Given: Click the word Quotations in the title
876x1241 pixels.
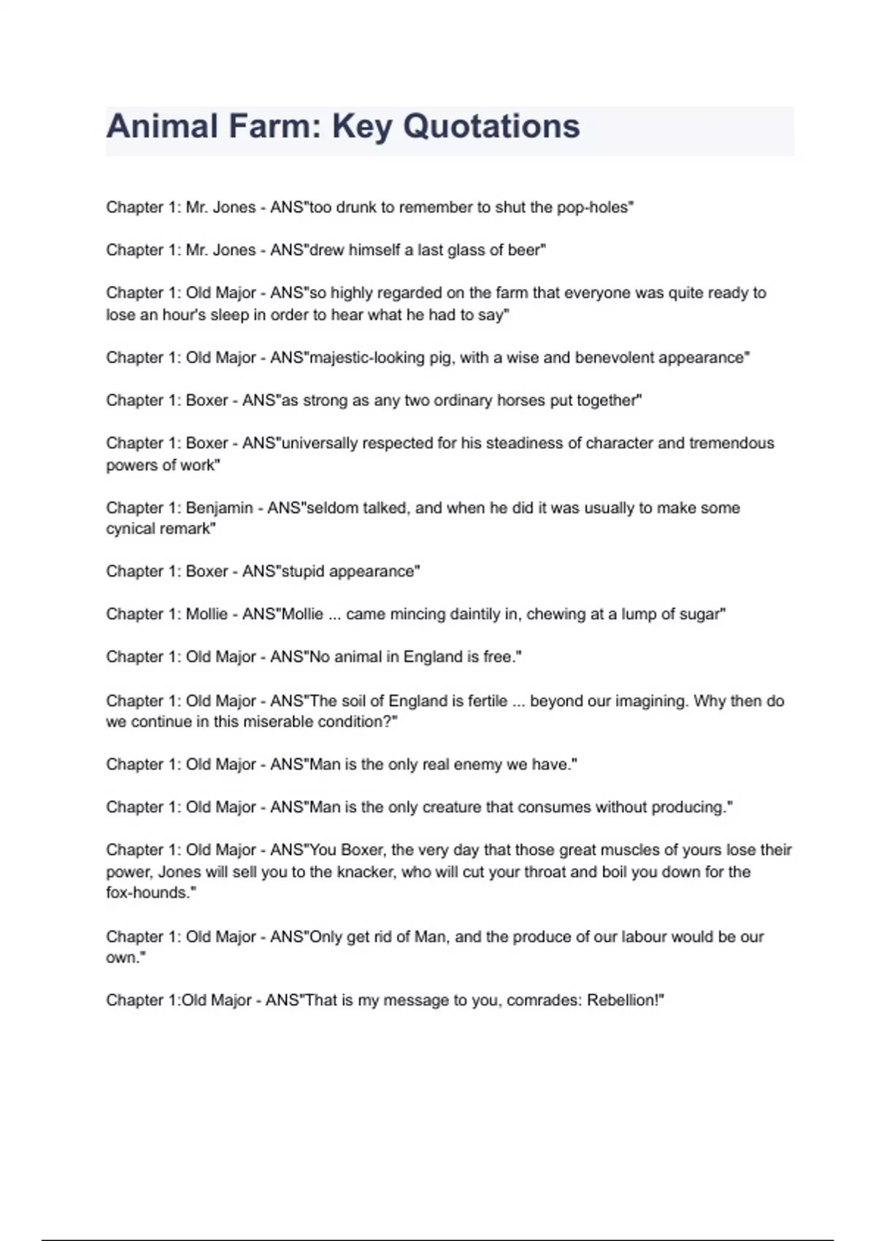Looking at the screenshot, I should point(491,126).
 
